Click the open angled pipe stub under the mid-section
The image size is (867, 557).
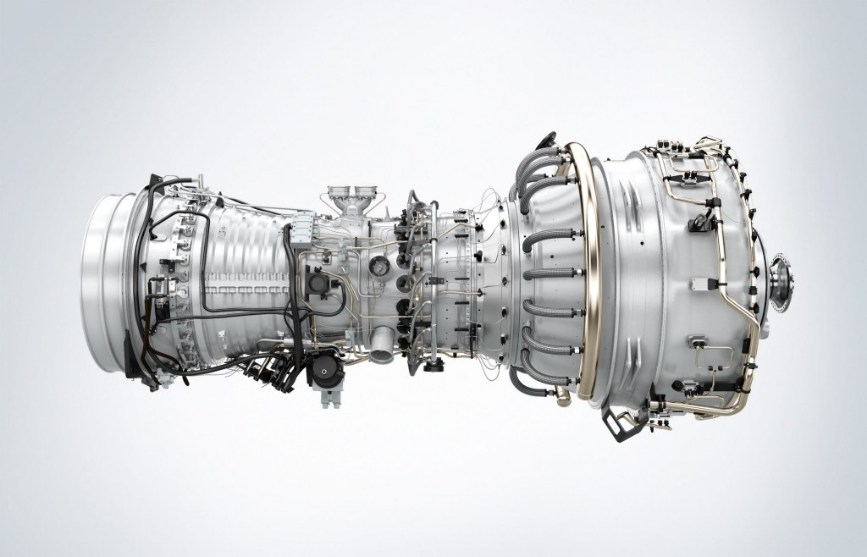click(383, 339)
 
